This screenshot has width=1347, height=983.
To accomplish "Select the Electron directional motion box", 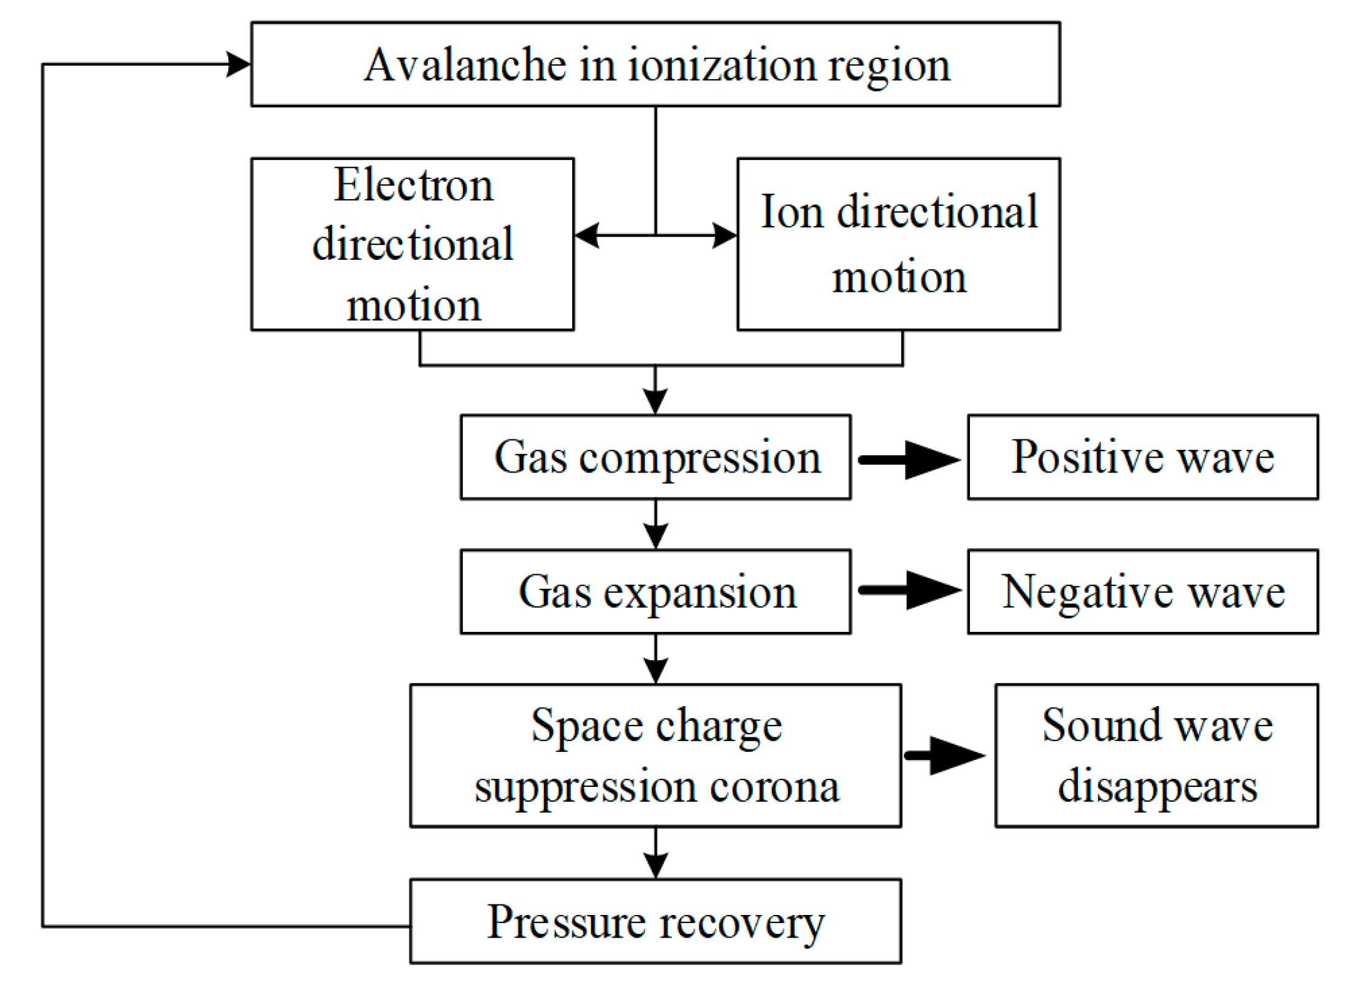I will tap(412, 245).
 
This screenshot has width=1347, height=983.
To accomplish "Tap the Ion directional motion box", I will tap(898, 245).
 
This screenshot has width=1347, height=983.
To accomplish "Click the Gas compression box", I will tap(655, 457).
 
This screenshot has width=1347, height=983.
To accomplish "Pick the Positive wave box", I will tap(1142, 457).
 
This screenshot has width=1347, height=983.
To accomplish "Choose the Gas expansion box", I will tap(655, 591).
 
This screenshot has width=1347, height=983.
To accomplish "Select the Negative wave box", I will tap(1142, 591).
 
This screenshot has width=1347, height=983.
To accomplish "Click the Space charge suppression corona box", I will tap(655, 756).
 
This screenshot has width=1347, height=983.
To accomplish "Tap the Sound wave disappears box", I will tap(1156, 756).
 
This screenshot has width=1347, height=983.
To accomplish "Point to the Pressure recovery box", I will tap(655, 921).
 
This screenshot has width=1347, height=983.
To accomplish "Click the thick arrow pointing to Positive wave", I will tap(910, 460).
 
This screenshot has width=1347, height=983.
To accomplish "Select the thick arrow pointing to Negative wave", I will tap(910, 590).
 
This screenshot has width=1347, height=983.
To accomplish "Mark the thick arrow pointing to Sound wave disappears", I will tap(946, 756).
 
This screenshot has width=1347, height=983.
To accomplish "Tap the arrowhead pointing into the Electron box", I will tap(587, 235).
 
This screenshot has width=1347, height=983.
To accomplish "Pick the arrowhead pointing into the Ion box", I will tap(724, 235).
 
